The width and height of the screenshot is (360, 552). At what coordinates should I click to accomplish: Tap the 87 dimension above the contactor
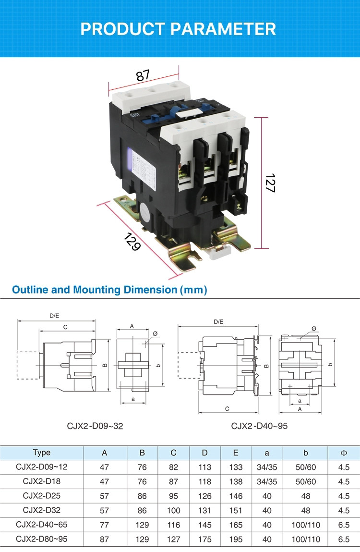(x=143, y=75)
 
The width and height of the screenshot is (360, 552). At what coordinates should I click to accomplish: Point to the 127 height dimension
(x=269, y=183)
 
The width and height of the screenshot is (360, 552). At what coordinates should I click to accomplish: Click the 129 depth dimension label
(x=132, y=241)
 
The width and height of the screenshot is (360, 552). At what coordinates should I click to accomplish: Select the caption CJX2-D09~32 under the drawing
(x=95, y=426)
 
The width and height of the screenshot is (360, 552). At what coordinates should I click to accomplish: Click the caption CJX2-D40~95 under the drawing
(x=259, y=426)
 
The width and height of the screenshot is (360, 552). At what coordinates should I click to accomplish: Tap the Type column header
(x=42, y=453)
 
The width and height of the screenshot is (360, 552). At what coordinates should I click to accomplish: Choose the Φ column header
(x=343, y=453)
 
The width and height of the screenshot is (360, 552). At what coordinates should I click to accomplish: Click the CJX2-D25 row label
(x=42, y=496)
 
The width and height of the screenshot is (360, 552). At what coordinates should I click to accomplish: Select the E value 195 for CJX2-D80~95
(x=236, y=540)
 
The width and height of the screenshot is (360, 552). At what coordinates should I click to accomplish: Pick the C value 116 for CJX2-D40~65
(x=173, y=525)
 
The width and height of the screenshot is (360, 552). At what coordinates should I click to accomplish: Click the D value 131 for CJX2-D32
(x=205, y=511)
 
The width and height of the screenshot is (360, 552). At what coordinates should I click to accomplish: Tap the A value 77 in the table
(x=105, y=525)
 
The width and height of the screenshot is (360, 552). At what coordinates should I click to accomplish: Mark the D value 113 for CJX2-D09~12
(x=205, y=467)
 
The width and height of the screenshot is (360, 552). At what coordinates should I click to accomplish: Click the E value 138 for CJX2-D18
(x=236, y=481)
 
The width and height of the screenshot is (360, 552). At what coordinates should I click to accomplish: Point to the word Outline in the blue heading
(x=28, y=290)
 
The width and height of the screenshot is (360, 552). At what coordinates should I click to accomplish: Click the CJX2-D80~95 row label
(x=42, y=539)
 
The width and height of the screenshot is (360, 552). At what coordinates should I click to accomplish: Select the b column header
(x=305, y=453)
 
